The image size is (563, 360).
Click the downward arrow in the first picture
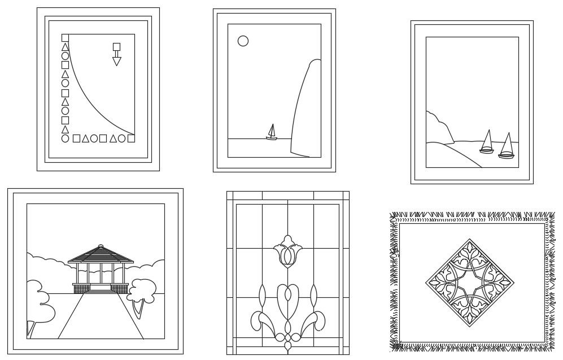tap(117, 60)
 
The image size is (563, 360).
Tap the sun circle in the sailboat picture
tap(243, 41)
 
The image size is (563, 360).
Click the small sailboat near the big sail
tap(272, 133)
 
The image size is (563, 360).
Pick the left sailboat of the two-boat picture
tap(487, 142)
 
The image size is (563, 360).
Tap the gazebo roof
tap(101, 255)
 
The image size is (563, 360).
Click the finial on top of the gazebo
tap(101, 246)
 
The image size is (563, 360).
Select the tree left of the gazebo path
tap(41, 300)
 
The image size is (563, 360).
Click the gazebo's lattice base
tap(101, 288)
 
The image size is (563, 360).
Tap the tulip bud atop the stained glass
tap(287, 251)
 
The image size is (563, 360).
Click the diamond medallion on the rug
tap(469, 283)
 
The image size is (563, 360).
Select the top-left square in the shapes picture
tap(65, 38)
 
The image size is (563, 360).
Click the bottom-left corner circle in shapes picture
tap(65, 138)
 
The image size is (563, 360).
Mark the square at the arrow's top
tap(117, 46)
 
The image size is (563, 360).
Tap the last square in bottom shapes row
tap(131, 138)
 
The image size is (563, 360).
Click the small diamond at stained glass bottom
tap(287, 344)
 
